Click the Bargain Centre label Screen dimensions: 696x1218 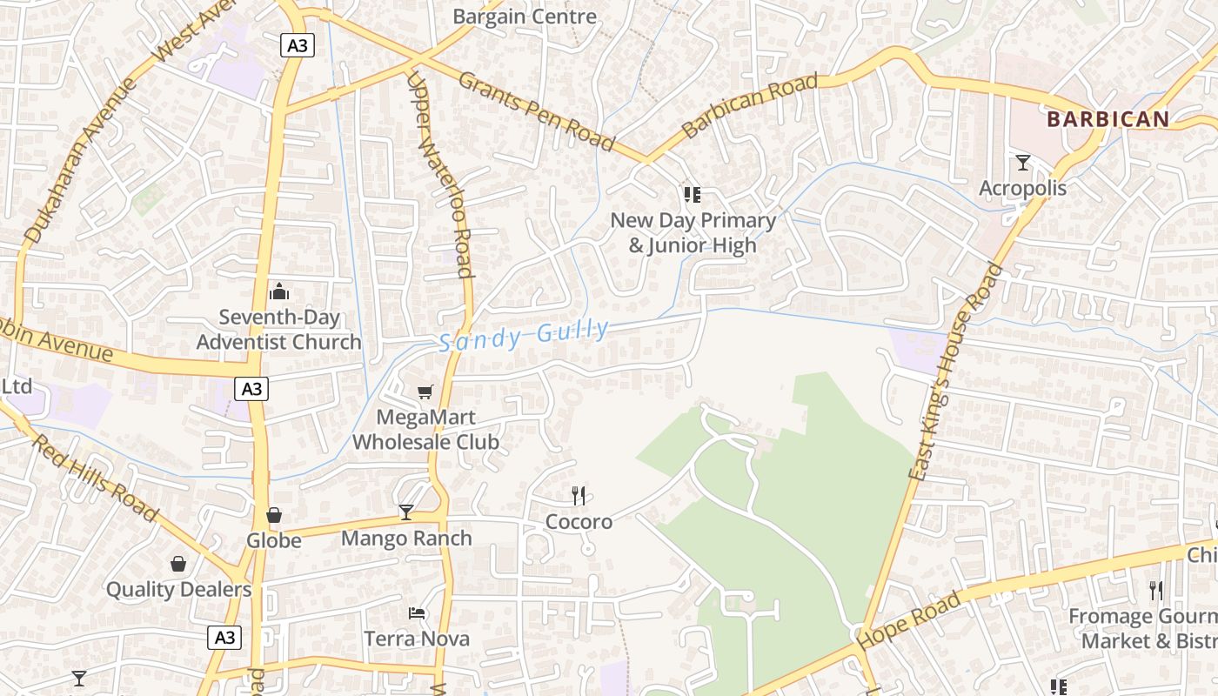coord(525,16)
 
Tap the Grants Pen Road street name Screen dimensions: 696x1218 coord(536,111)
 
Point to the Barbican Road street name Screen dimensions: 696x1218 coord(750,106)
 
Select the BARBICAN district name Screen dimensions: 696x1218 coord(1108,119)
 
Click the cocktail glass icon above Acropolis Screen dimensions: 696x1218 coord(1023,163)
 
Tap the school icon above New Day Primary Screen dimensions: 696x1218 coord(693,195)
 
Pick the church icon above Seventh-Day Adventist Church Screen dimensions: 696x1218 coord(278,291)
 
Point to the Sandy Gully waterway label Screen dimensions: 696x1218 coord(524,335)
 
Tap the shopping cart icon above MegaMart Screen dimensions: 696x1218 coord(425,392)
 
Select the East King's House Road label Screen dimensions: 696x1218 coord(955,371)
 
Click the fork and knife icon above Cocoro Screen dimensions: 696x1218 coord(579,496)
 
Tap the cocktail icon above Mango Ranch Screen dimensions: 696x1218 coord(406,512)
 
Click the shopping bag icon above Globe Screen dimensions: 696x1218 coord(274,516)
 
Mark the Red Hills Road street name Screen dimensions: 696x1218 coord(95,478)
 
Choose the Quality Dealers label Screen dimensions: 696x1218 coord(178,589)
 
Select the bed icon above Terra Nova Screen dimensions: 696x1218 coord(417,613)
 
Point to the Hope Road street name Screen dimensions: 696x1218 coord(911,619)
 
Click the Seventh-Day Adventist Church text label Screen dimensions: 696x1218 coord(278,330)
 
